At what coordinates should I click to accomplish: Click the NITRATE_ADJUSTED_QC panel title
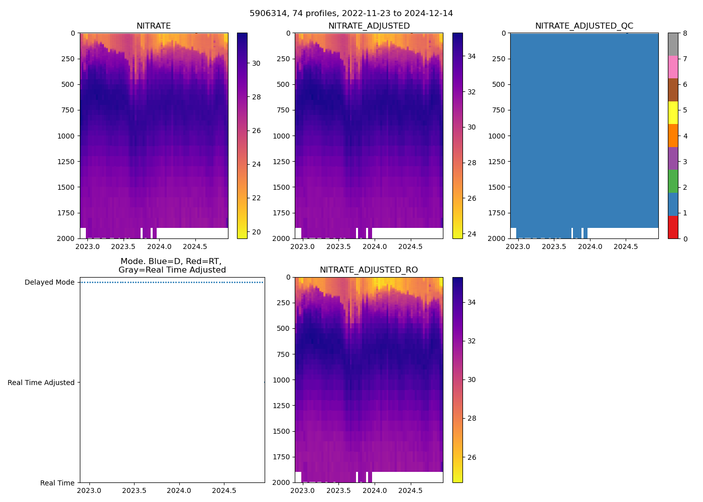[x=584, y=26]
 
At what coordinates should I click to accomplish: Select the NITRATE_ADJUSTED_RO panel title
[x=369, y=270]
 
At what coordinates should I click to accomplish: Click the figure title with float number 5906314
[x=351, y=14]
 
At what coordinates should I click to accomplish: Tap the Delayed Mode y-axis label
[x=49, y=282]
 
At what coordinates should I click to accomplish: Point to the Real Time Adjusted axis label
[x=41, y=383]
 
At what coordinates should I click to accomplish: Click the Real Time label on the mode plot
[x=57, y=483]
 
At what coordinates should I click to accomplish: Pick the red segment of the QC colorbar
[x=673, y=227]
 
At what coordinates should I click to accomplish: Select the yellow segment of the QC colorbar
[x=673, y=112]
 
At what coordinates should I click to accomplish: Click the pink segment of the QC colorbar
[x=673, y=67]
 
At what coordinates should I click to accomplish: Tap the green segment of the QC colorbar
[x=673, y=181]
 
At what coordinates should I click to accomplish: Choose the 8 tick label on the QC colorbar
[x=685, y=33]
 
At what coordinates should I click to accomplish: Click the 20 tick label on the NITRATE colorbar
[x=256, y=232]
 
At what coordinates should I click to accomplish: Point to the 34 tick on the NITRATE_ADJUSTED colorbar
[x=472, y=56]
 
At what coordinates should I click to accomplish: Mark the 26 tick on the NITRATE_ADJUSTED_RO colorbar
[x=472, y=457]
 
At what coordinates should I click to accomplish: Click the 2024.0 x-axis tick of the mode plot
[x=179, y=490]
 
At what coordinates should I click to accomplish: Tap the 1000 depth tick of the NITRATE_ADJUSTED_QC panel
[x=497, y=136]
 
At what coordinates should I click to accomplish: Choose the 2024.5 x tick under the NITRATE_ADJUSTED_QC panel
[x=626, y=246]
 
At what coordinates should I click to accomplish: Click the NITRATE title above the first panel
[x=154, y=26]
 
